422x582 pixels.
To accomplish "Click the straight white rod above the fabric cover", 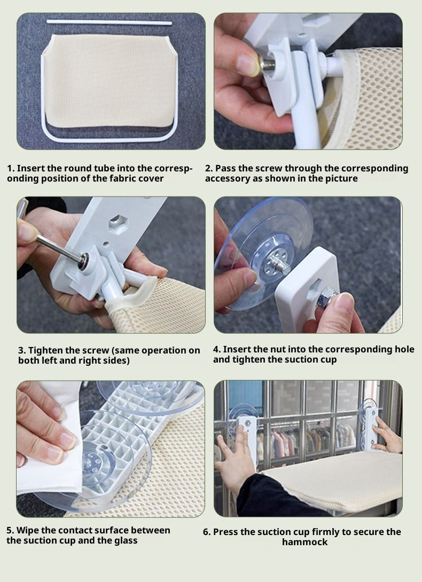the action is point(109,22).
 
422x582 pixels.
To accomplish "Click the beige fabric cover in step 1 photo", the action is point(109,81).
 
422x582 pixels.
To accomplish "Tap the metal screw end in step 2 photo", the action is point(268,64).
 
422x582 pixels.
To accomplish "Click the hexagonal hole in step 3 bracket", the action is point(119,225).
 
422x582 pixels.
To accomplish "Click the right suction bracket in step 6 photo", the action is point(371,427).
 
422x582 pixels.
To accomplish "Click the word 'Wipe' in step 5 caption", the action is point(26,530).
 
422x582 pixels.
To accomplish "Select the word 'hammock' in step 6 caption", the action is point(304,542).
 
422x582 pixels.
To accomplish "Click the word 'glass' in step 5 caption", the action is point(126,541).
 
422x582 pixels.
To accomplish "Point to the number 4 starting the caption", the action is point(216,349).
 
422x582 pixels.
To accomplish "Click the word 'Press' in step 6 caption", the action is point(225,532).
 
